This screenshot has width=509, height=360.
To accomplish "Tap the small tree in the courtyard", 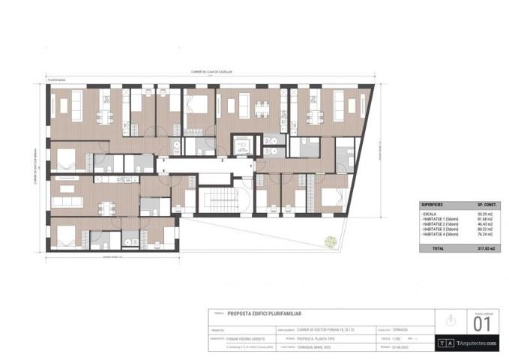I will tap(328, 241).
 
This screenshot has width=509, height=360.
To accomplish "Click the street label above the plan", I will tap(209, 72).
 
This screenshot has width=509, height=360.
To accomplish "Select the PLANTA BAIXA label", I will tap(58, 79).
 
